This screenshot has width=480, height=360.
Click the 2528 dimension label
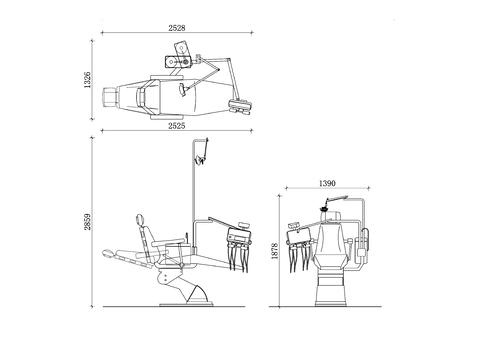(x=177, y=28)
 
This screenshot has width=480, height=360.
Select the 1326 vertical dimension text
(x=87, y=80)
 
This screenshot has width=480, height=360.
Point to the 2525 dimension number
(x=177, y=126)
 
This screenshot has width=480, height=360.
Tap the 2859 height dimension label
(x=87, y=222)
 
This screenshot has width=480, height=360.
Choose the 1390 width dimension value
(x=327, y=183)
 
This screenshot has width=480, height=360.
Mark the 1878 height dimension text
(x=275, y=251)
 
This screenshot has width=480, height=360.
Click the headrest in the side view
(x=140, y=219)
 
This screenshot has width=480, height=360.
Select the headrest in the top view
(x=110, y=97)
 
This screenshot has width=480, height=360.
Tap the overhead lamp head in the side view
(x=200, y=160)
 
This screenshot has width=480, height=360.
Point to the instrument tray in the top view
(x=240, y=106)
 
